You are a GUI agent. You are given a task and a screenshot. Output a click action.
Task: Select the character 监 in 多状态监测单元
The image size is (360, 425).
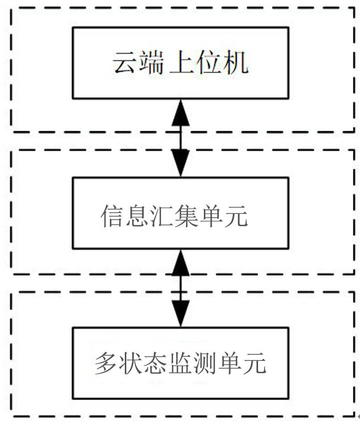(180, 365)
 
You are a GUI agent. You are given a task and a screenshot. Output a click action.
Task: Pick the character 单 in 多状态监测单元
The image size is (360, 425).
(229, 365)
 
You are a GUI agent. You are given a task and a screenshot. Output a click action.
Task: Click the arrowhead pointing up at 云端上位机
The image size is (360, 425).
(180, 112)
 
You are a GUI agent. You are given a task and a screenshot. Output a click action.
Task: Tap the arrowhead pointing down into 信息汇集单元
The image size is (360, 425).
(180, 163)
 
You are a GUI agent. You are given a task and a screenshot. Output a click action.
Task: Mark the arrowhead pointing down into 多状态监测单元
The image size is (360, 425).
(180, 313)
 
